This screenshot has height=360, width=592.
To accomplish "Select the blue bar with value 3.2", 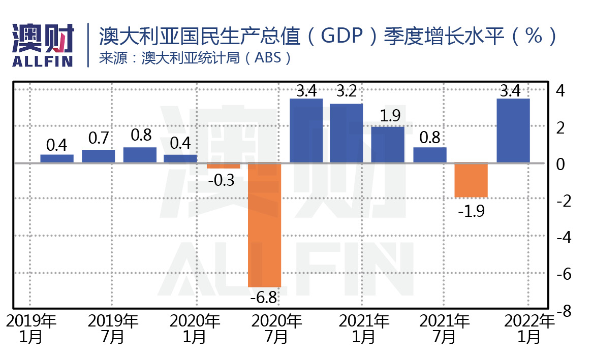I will click(346, 133).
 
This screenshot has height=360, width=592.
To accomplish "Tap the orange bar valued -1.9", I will click(471, 180).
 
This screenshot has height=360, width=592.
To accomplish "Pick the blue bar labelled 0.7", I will click(99, 156).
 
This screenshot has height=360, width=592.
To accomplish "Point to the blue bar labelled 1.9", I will click(388, 145).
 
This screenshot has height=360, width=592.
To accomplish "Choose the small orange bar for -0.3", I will click(223, 166).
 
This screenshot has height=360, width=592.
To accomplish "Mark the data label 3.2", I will click(346, 93).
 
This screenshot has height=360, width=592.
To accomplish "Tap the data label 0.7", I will click(99, 138).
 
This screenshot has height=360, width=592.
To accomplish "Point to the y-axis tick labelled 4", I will click(562, 91).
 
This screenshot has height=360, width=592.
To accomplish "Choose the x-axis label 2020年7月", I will click(277, 329).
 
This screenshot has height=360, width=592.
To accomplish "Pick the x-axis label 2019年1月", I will click(31, 329).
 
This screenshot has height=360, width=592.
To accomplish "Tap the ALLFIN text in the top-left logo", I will click(42, 61).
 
